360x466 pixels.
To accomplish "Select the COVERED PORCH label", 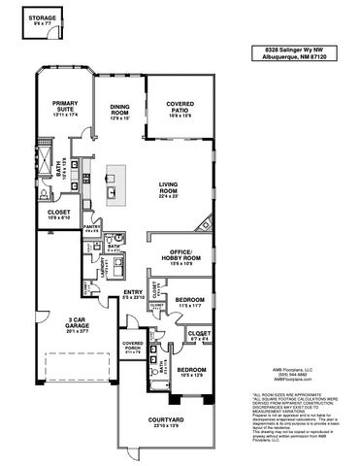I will tap(132, 348).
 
